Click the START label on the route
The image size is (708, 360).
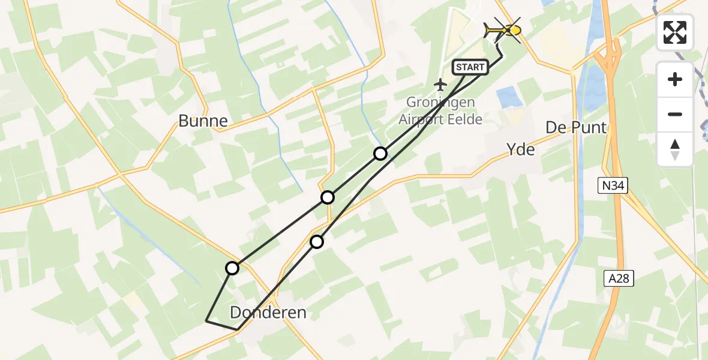click(470, 67)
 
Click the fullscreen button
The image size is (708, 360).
click(675, 32)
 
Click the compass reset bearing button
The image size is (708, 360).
click(675, 149)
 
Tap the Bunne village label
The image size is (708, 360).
click(203, 121)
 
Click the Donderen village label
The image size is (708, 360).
click(268, 312)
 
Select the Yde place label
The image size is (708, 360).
click(520, 149)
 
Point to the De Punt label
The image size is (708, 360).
click(575, 127)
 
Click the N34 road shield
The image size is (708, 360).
click(612, 186)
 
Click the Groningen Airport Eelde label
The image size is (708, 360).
click(440, 110)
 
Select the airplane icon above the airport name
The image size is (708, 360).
click(441, 84)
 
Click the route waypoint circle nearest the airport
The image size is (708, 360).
click(380, 154)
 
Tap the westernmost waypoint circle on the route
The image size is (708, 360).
click(232, 268)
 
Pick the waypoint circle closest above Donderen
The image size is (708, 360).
click(316, 242)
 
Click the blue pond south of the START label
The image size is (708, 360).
click(509, 97)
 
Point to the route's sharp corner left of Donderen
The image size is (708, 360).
click(206, 321)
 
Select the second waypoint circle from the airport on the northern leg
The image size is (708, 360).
click(327, 197)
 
